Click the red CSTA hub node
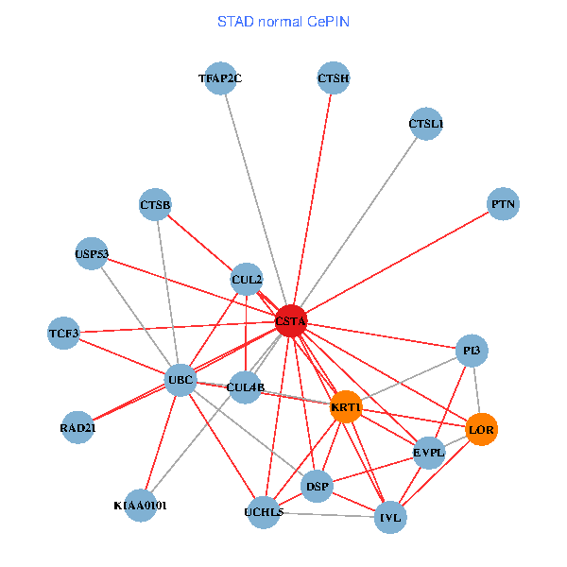(291, 321)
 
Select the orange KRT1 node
(346, 407)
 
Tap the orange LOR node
(482, 430)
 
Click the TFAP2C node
(221, 78)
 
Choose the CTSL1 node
(426, 124)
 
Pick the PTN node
(503, 203)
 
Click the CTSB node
(155, 205)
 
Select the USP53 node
(92, 253)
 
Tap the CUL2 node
(247, 279)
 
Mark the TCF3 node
(64, 334)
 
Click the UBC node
(180, 381)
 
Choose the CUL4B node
(246, 387)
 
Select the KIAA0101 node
(140, 506)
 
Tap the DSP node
(318, 488)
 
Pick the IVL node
(390, 518)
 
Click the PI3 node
(472, 351)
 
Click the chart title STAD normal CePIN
(283, 21)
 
